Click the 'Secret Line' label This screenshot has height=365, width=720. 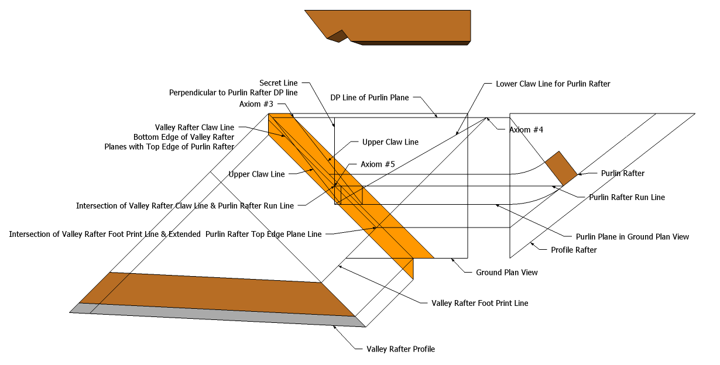coord(279,84)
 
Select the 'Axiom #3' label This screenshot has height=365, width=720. coord(256,104)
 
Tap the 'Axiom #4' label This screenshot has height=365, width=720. coord(526,130)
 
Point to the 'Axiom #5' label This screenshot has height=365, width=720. coord(378,164)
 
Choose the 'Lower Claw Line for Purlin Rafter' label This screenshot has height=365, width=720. coord(553,84)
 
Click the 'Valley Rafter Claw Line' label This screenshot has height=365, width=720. coord(194,127)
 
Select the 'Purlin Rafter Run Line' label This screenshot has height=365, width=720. coord(626,197)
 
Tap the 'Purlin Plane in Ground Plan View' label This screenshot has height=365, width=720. coord(632,237)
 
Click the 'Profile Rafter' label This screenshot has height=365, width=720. coord(574,250)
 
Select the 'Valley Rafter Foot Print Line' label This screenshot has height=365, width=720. coord(479,303)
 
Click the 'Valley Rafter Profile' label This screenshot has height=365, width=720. coord(400,349)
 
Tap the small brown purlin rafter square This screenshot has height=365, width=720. coord(561,168)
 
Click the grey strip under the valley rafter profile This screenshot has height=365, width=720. coord(211,316)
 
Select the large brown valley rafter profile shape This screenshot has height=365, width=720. coord(217,292)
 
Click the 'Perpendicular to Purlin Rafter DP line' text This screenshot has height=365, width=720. coord(233,93)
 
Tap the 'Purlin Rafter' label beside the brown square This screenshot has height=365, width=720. coord(623,173)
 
